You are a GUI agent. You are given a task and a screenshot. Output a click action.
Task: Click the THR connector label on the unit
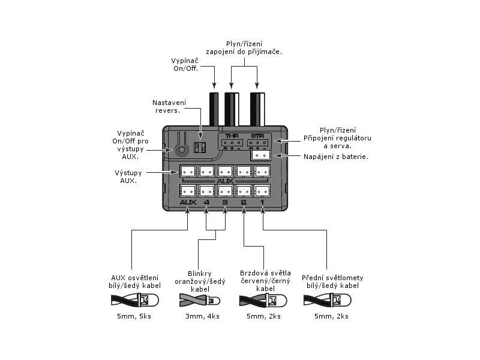click(231, 136)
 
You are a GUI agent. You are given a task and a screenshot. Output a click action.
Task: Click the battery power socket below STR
click(262, 155)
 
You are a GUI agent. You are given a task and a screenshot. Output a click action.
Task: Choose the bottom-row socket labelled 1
click(262, 191)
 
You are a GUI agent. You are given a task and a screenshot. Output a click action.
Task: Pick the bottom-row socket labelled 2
click(244, 191)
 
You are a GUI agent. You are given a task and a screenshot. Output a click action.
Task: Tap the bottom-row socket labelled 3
click(225, 191)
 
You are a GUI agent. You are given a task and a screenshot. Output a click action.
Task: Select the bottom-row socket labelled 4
click(206, 191)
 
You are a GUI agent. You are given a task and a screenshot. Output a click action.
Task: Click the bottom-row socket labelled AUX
click(188, 191)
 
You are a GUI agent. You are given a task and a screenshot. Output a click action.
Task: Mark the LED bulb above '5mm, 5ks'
click(143, 300)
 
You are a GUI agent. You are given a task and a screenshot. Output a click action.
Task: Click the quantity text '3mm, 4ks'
click(202, 316)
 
